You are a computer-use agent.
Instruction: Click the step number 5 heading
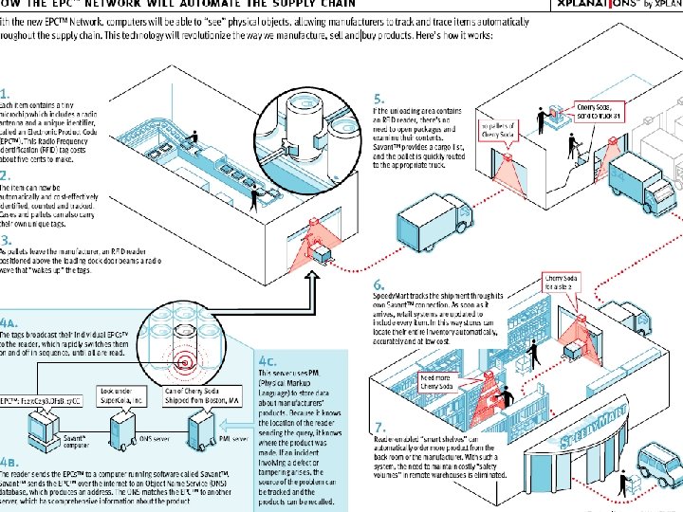click(378, 98)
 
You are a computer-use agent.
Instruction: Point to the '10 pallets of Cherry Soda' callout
click(501, 130)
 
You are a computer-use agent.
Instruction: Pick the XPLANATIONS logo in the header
click(612, 9)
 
